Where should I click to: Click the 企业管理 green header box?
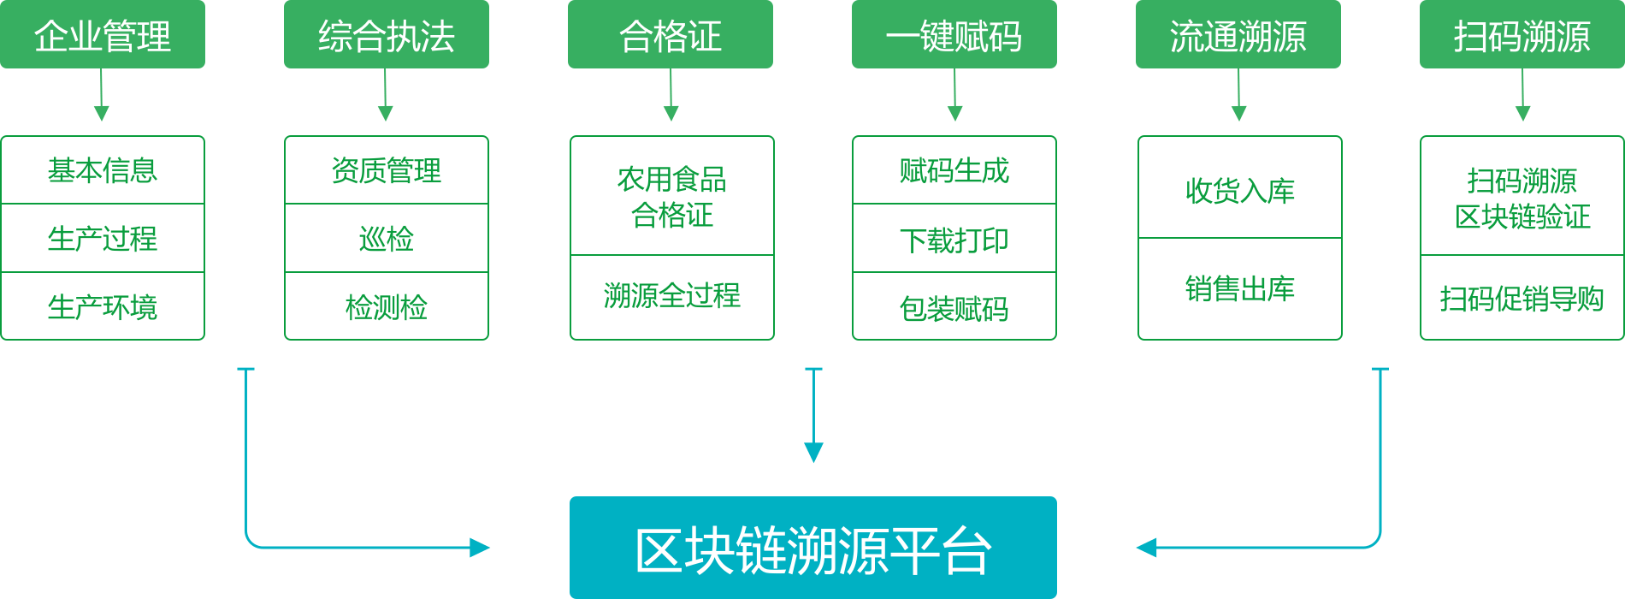103,34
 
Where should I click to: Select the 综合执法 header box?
387,34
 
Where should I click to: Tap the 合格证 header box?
671,34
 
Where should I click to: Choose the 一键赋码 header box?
954,34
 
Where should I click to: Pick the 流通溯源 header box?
1238,34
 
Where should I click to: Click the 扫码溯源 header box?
1522,34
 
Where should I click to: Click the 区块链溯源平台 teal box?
813,548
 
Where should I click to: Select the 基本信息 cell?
103,170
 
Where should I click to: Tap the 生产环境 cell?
103,306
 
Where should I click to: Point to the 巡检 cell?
387,238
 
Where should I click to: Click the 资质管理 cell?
387,170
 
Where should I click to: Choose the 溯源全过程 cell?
672,296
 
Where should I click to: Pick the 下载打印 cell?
954,240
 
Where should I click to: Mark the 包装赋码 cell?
954,307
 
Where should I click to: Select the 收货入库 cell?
1240,189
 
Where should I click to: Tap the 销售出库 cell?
1240,288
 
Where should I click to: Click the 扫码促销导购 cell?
1522,298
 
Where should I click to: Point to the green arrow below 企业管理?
102,98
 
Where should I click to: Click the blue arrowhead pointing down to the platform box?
813,453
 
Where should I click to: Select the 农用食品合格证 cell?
672,197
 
